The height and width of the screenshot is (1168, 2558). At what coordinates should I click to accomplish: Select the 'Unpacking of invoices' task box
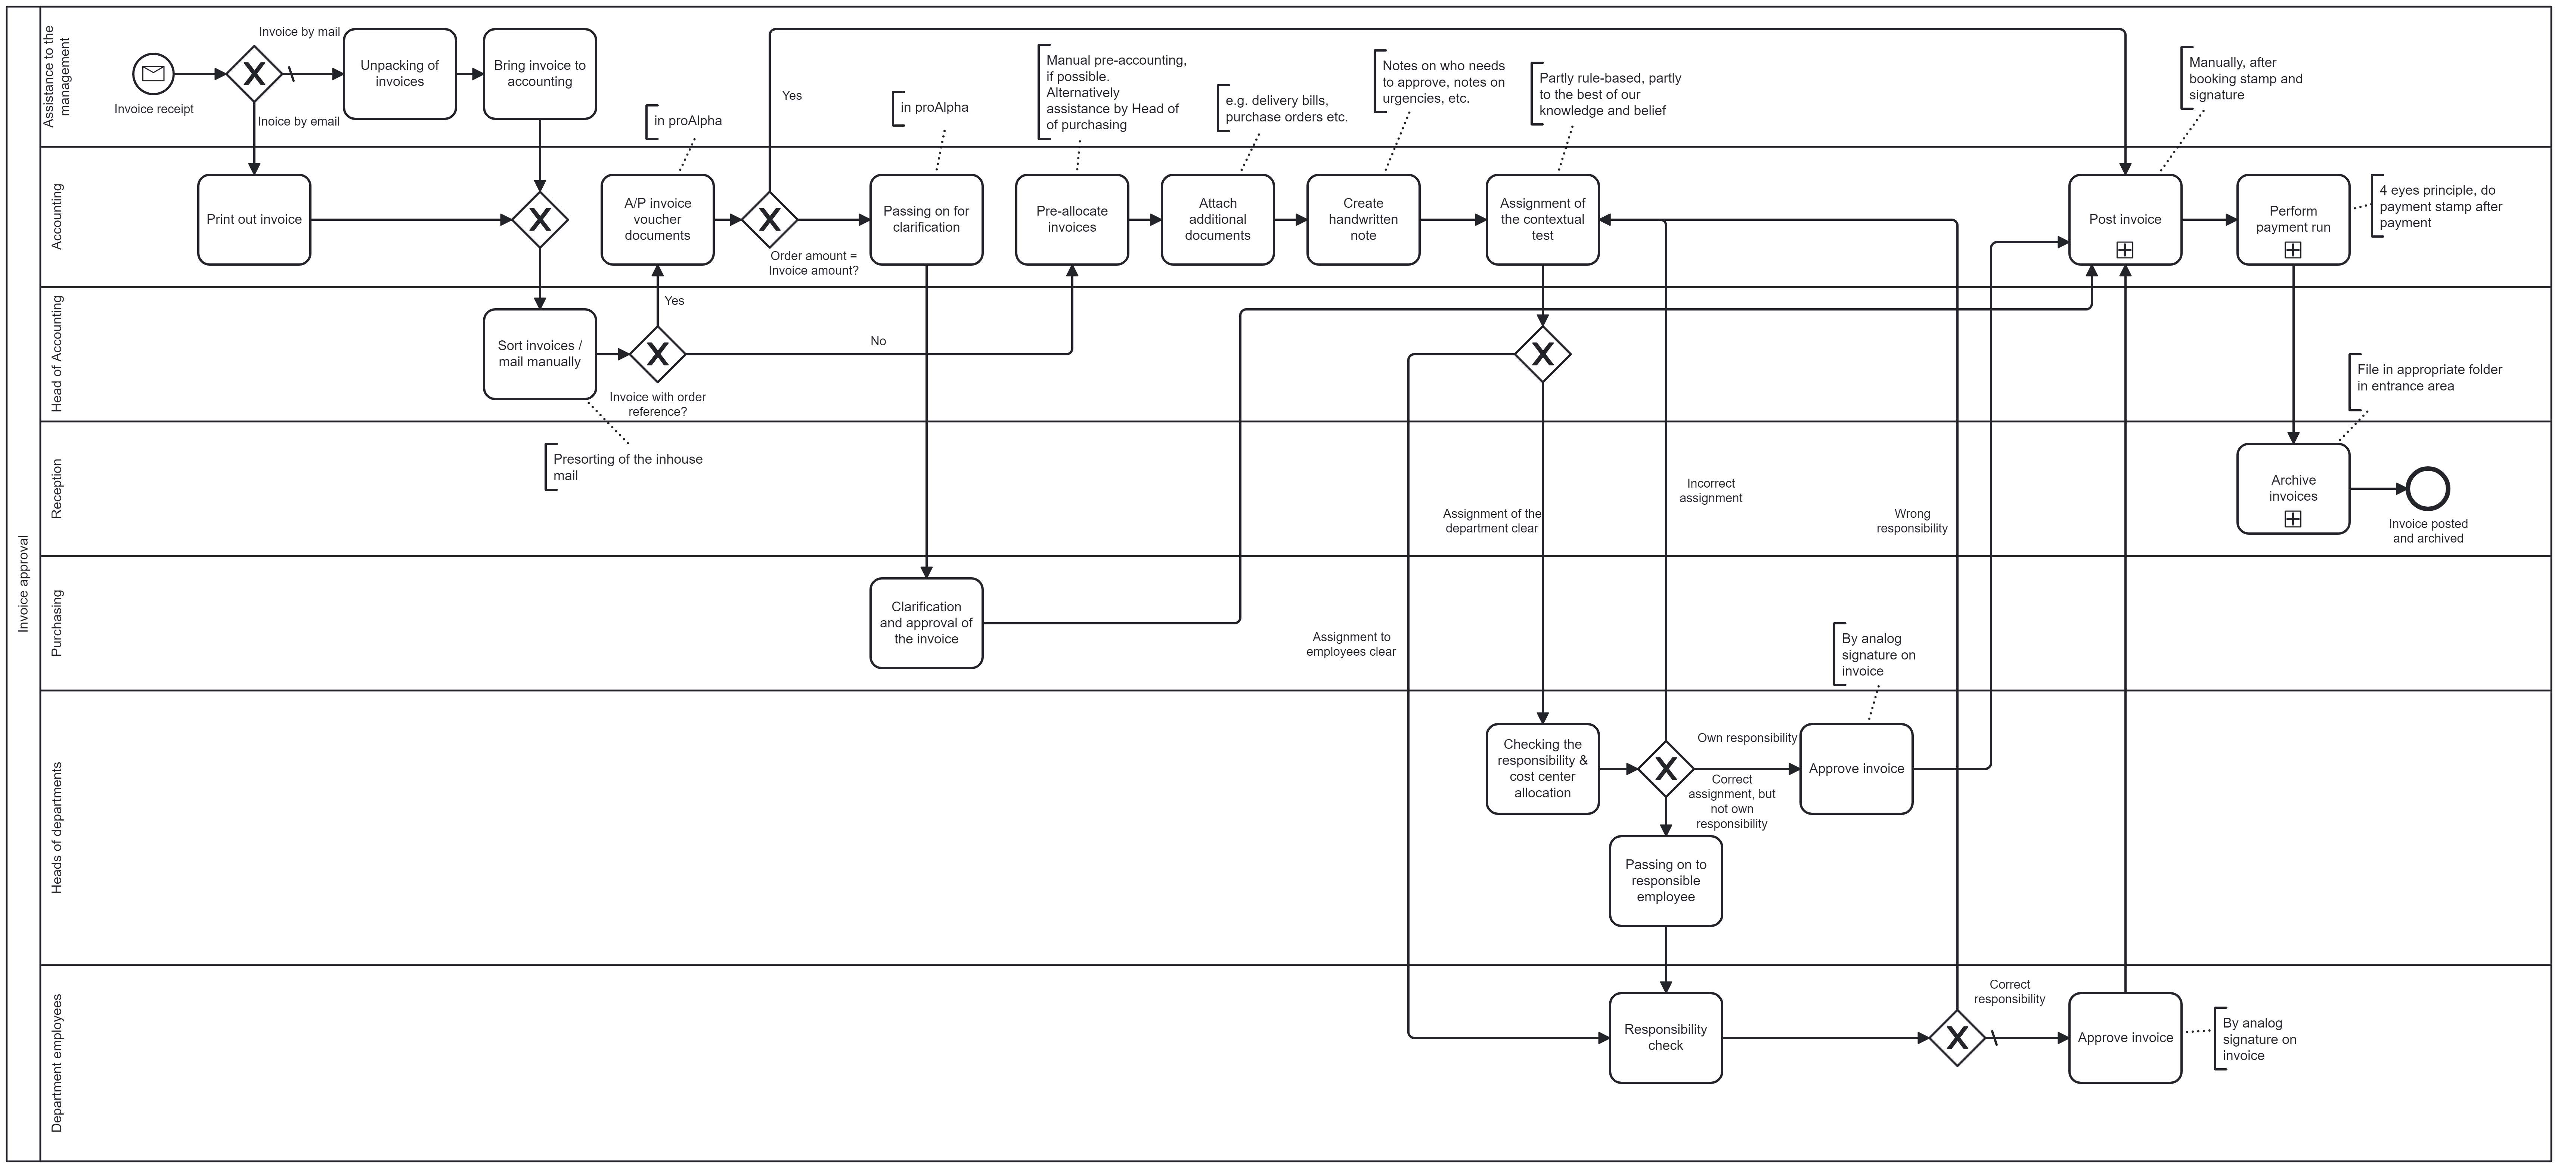coord(399,74)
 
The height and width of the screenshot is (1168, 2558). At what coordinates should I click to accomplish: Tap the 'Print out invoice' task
coord(254,219)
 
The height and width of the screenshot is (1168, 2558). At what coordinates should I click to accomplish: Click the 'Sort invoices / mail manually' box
coord(539,353)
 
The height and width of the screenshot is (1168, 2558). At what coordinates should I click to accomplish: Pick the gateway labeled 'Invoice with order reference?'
coord(657,353)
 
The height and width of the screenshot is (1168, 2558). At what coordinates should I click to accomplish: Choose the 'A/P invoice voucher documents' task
coord(657,219)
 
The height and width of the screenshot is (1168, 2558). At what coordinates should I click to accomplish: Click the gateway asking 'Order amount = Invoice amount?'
coord(770,219)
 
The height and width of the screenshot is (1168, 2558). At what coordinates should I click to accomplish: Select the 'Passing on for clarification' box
coord(925,219)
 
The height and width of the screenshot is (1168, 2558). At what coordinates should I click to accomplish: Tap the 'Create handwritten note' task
coord(1362,219)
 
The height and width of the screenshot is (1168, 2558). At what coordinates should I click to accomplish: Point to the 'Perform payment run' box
coord(2293,219)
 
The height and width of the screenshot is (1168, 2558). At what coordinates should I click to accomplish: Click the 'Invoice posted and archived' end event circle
coord(2428,489)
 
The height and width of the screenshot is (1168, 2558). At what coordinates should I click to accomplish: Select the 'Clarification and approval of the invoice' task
coord(925,623)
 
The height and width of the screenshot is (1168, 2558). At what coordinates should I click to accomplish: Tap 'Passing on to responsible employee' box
coord(1665,881)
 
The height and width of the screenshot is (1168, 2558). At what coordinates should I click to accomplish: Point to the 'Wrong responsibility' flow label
coord(1911,520)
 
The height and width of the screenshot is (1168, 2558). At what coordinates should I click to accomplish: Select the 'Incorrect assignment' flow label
coord(1710,491)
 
